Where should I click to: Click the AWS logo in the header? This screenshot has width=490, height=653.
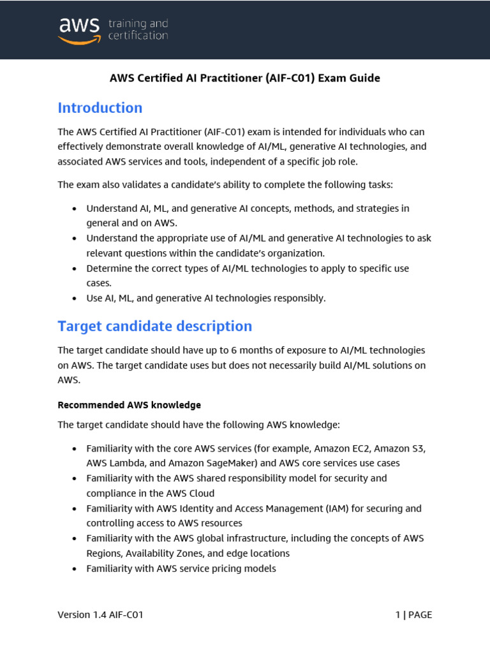coord(79,29)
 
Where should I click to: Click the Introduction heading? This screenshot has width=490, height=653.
coord(100,108)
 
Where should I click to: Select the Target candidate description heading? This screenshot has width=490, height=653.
coord(155,326)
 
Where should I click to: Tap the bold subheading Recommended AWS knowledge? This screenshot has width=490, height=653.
coord(130,405)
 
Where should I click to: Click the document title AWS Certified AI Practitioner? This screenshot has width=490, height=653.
coord(244,78)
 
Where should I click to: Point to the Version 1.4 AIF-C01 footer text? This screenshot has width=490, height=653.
coord(100,615)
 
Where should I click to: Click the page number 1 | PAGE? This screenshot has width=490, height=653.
coord(413,615)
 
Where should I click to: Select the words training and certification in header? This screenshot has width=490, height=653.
coord(138,29)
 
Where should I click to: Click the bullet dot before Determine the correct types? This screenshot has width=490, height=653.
coord(75,268)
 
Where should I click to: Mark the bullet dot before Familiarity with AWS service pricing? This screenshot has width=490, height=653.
coord(75,568)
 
